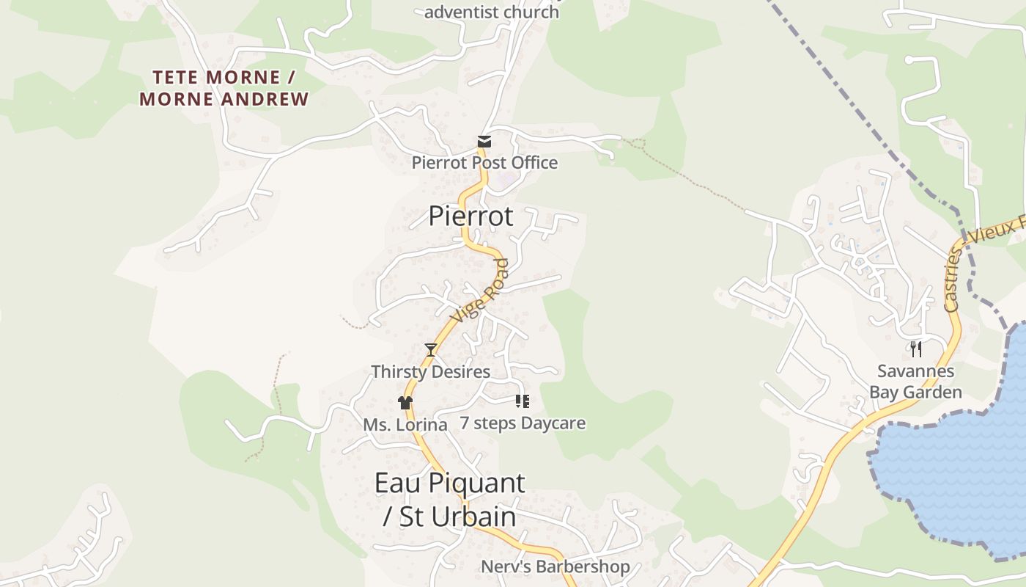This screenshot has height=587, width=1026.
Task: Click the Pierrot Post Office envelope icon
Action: pyautogui.click(x=484, y=142)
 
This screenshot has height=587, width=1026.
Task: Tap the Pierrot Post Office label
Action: pyautogui.click(x=484, y=162)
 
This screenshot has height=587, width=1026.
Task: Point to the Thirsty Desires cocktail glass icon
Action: pyautogui.click(x=431, y=350)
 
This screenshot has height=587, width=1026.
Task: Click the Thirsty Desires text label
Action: pyautogui.click(x=430, y=371)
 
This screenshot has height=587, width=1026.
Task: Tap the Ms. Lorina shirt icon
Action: pyautogui.click(x=405, y=402)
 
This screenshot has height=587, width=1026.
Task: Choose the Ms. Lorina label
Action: pyautogui.click(x=405, y=425)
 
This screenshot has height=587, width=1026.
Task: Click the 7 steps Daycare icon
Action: pyautogui.click(x=523, y=401)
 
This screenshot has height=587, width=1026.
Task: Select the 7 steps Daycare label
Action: pyautogui.click(x=523, y=423)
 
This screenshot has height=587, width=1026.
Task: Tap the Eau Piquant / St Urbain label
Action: pyautogui.click(x=449, y=500)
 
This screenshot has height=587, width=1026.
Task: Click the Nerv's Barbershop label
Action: pyautogui.click(x=555, y=566)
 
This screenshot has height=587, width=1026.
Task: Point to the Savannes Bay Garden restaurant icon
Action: pyautogui.click(x=915, y=349)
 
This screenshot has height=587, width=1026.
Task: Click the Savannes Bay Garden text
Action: pyautogui.click(x=915, y=382)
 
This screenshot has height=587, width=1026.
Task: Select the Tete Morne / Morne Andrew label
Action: pyautogui.click(x=224, y=88)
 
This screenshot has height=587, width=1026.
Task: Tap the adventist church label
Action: pyautogui.click(x=491, y=12)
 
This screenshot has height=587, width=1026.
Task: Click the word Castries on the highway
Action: pyautogui.click(x=951, y=280)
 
